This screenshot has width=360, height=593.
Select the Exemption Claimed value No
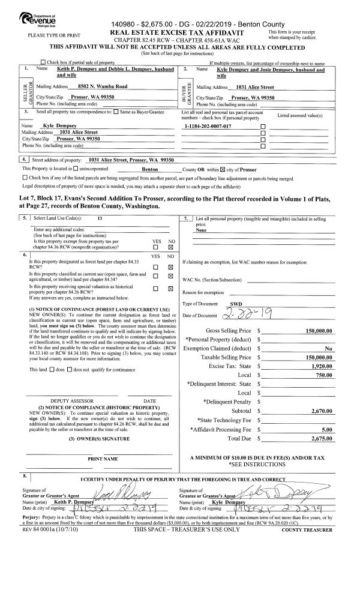(x=329, y=348)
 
